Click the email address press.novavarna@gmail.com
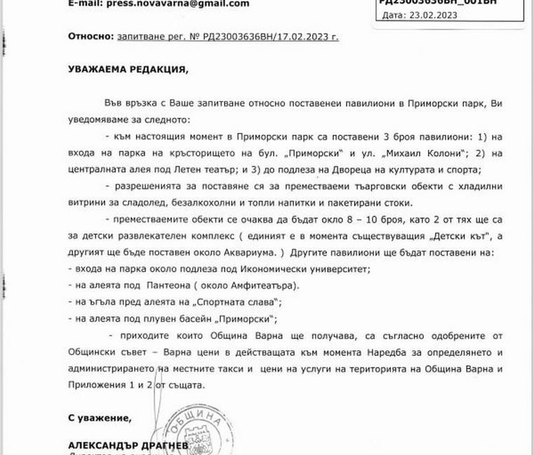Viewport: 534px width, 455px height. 169,4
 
